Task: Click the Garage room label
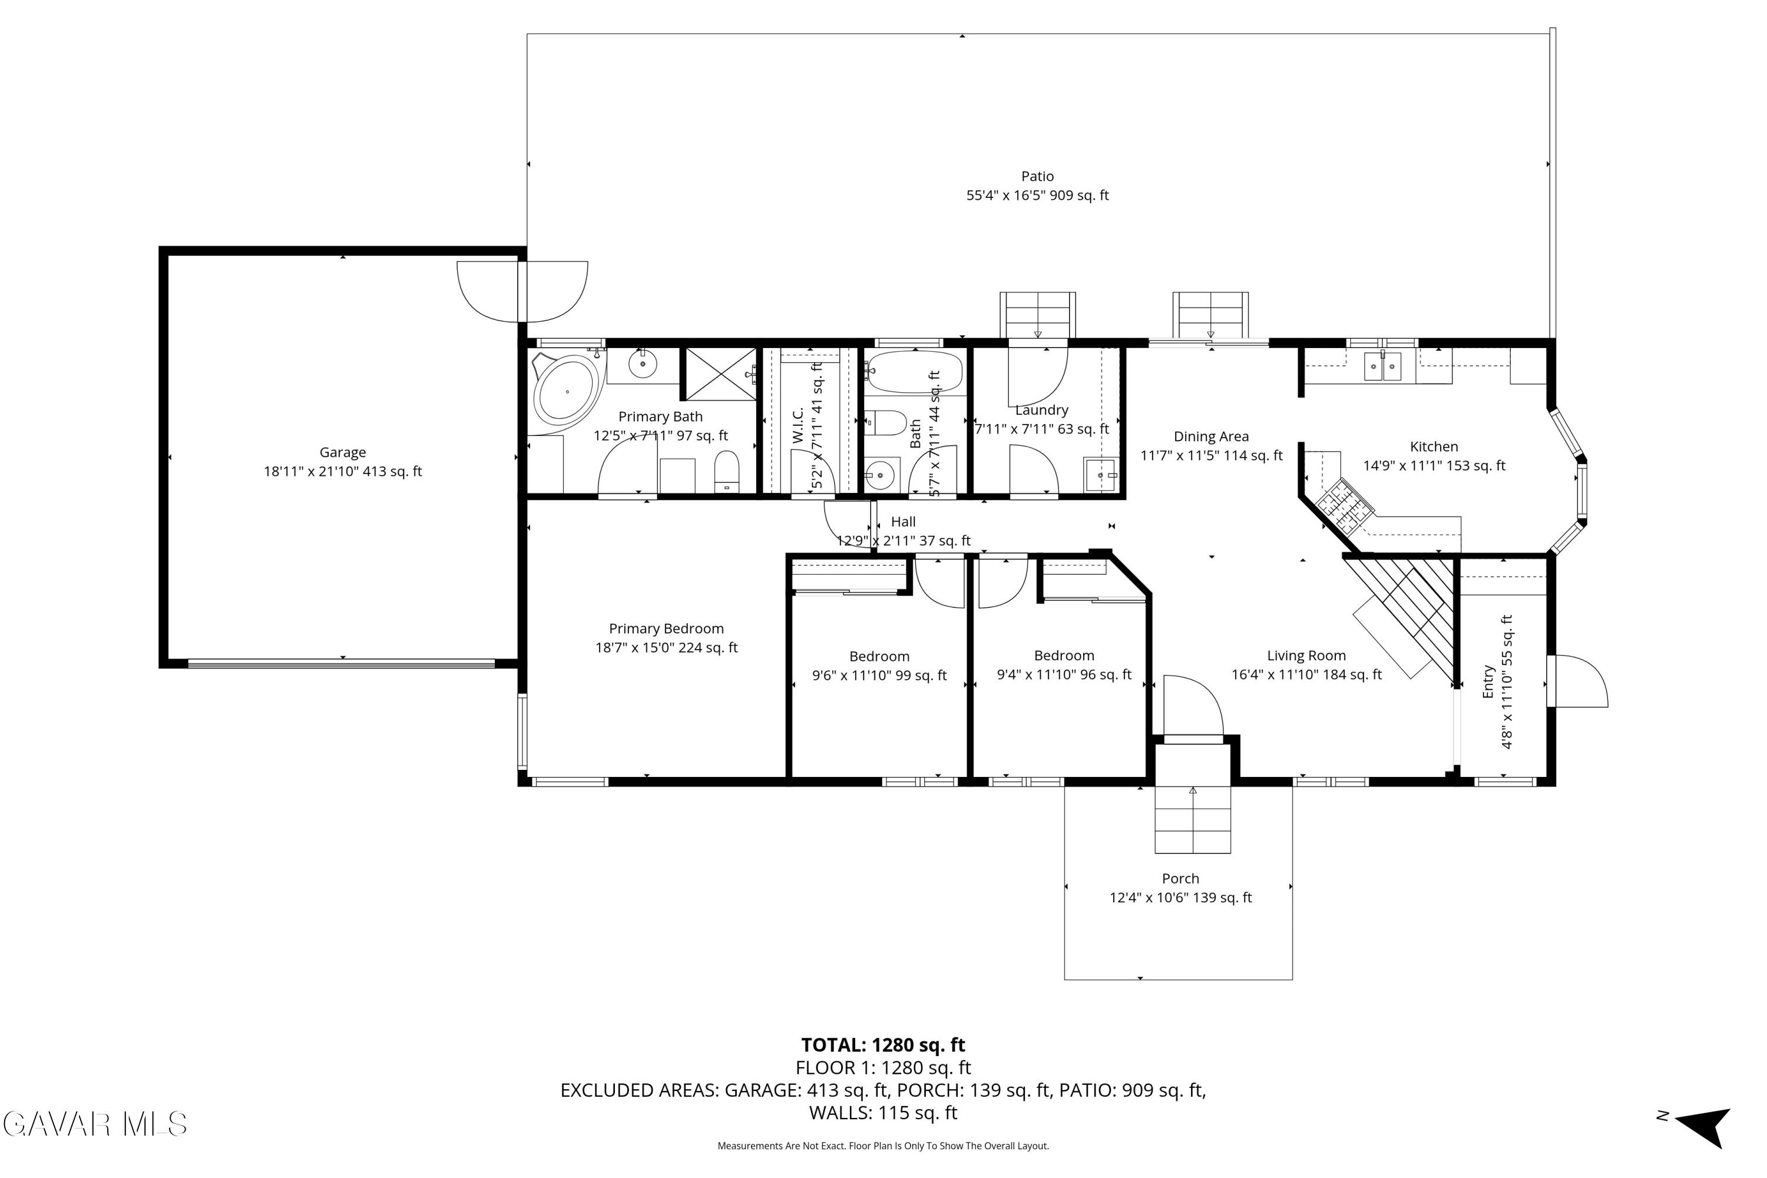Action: pos(343,452)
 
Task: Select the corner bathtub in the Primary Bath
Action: pos(568,392)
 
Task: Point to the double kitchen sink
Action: pos(1382,366)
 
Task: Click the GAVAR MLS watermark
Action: pos(95,1124)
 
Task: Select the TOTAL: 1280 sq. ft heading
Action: pos(883,1045)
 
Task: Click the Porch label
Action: pos(1180,878)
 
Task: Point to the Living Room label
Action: pos(1306,655)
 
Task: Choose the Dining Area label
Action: pos(1211,436)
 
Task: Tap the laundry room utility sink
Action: pos(1101,475)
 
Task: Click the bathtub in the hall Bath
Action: pos(914,372)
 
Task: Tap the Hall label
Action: pos(903,521)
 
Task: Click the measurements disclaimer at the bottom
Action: pos(883,1146)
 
